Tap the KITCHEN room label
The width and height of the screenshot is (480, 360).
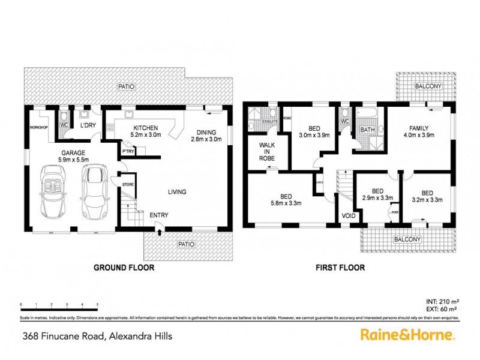pyautogui.click(x=145, y=128)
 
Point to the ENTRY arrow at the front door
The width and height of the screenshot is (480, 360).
pyautogui.click(x=160, y=226)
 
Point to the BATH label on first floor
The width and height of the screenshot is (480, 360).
pyautogui.click(x=367, y=129)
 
